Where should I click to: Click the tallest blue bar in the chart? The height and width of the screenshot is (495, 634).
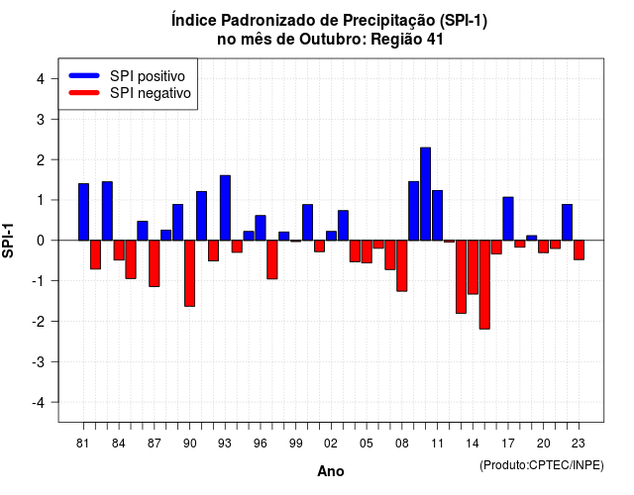point(425,194)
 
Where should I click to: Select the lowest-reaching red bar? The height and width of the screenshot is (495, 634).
point(484,284)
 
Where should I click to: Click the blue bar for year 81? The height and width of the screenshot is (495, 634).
point(83,212)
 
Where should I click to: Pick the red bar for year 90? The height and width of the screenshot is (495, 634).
point(189,273)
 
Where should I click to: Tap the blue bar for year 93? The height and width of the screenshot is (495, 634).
point(225,208)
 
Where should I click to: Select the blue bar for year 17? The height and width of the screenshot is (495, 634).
point(508,219)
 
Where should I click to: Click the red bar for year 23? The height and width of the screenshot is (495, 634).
point(579,249)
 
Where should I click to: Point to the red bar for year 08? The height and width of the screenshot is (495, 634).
point(402,265)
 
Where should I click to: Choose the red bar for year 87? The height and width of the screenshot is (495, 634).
point(155,263)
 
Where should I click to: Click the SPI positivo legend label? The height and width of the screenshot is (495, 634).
point(148,76)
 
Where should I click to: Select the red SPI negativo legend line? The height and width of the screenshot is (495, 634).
point(84,93)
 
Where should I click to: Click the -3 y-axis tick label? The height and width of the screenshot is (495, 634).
point(38,361)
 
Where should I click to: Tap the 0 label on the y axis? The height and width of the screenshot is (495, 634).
point(40,241)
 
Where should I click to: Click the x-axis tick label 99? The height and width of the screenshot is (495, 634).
point(295,444)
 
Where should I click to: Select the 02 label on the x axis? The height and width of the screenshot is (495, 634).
point(331,444)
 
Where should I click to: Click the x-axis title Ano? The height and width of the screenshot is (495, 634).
point(331,471)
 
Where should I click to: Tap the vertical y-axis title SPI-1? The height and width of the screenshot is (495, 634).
point(8,241)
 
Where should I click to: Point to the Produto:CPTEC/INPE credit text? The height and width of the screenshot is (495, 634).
point(542,465)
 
